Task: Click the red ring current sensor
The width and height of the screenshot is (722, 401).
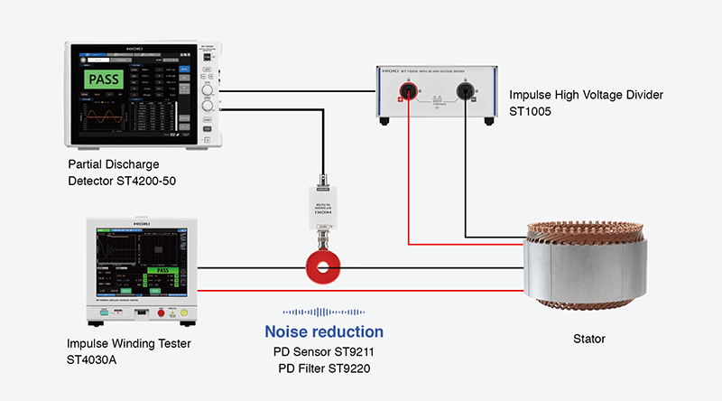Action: [x=321, y=268]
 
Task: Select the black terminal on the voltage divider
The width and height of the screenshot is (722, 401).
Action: [x=467, y=91]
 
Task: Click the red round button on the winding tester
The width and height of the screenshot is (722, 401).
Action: [x=163, y=312]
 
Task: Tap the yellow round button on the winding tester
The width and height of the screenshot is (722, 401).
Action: [x=184, y=312]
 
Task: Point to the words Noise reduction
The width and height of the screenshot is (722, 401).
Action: [x=324, y=331]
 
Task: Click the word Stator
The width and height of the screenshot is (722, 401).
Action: [x=588, y=339]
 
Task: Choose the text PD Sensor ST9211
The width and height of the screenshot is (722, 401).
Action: [x=323, y=351]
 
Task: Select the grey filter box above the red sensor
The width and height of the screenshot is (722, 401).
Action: [x=321, y=209]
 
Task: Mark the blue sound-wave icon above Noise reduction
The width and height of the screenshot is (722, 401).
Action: [x=323, y=310]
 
